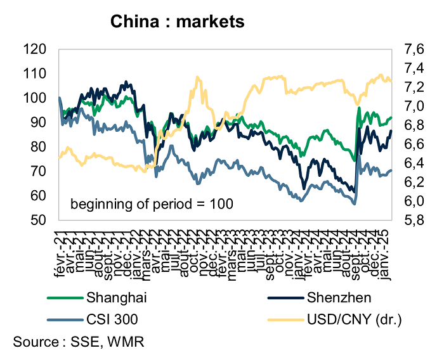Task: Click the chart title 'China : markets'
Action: (x=178, y=22)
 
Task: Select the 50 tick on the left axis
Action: (x=38, y=220)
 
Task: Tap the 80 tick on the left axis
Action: (x=38, y=146)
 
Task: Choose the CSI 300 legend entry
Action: (x=110, y=317)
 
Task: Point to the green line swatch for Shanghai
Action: (x=65, y=297)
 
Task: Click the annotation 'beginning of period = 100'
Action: (x=152, y=204)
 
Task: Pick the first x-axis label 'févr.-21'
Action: (x=61, y=254)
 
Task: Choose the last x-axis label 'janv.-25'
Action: (x=389, y=254)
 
